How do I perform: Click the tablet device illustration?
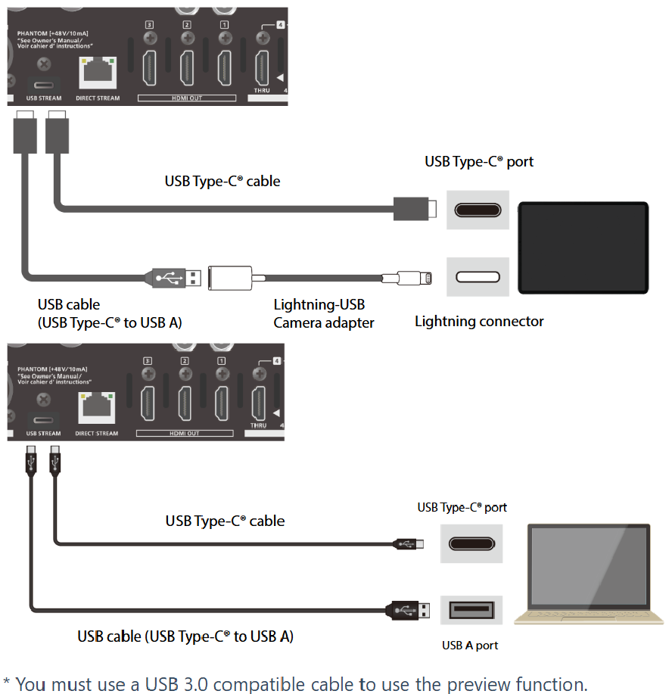583,247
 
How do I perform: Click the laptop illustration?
589,574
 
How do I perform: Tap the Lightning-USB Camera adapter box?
230,278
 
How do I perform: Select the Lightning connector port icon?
478,277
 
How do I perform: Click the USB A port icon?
471,610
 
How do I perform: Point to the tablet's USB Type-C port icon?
478,210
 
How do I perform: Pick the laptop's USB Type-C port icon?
471,543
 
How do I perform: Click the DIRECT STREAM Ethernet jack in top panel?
98,73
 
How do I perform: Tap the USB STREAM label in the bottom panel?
43,434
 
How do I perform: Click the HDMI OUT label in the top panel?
187,98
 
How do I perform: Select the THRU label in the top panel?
262,90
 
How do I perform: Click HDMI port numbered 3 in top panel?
150,67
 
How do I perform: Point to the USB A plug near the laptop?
408,610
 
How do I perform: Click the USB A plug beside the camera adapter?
176,278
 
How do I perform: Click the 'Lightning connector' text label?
479,321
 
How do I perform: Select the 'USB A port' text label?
470,646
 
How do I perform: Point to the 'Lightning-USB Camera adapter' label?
324,313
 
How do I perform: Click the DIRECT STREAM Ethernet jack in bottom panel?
97,408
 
